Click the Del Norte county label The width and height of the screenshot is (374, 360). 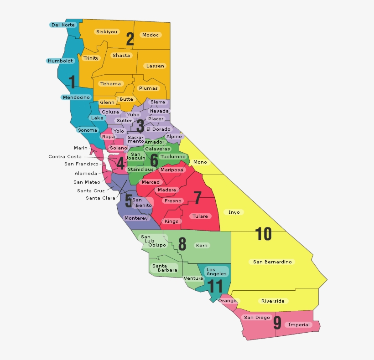coord(62,25)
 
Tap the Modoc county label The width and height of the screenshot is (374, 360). coord(150,35)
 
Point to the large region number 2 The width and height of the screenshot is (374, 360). coord(130,40)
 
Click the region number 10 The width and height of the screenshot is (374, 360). coord(264,234)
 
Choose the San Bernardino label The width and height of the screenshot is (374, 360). coord(273,262)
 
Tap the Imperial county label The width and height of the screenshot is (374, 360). coord(299,325)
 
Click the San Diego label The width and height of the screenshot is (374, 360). coord(257,317)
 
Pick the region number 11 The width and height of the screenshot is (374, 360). coord(215,287)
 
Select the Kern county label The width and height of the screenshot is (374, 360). coord(201,245)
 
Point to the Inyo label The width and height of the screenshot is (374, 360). coord(234,212)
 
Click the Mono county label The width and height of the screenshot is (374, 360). coord(200,162)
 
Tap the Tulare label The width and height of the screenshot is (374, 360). coord(200,216)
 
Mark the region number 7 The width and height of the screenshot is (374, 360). coord(197,198)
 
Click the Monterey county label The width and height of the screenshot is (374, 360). coord(136,218)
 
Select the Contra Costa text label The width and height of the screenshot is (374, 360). coord(65,156)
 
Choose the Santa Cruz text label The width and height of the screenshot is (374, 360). coord(91,190)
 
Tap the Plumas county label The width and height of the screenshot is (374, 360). coord(148,88)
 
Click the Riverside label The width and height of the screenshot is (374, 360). coord(273,301)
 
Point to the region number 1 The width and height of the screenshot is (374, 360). coord(72,82)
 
